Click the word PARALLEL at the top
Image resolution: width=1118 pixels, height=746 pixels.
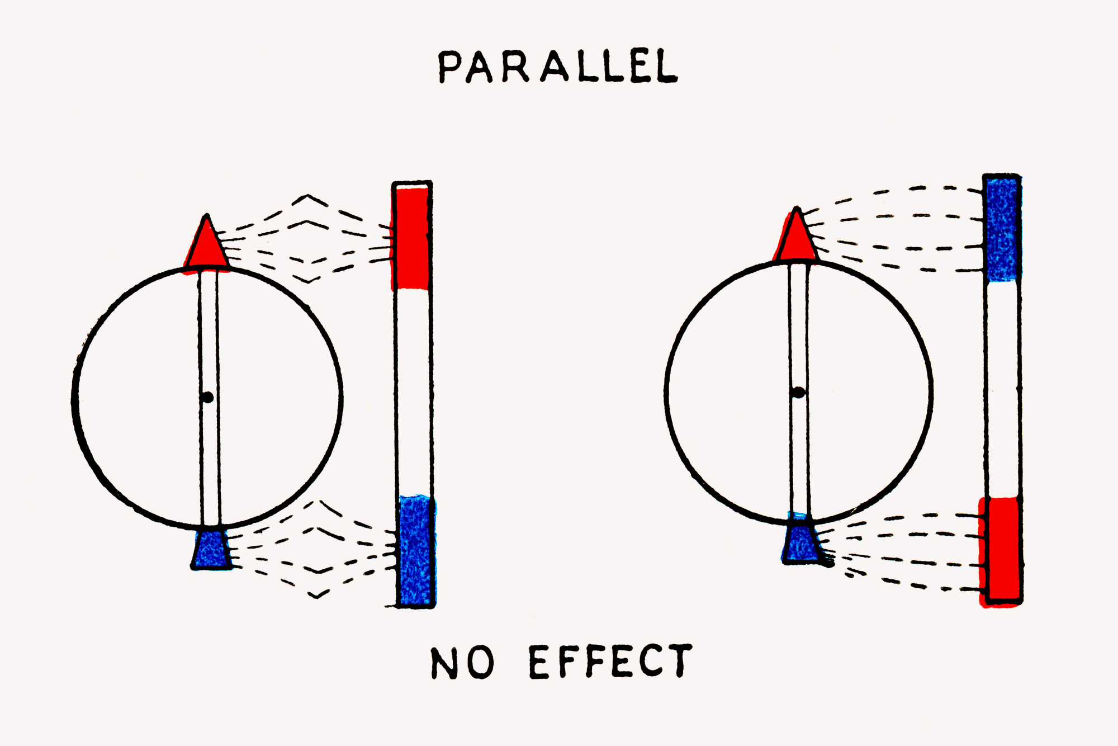(x=557, y=67)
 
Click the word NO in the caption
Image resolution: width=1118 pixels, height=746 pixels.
(x=462, y=663)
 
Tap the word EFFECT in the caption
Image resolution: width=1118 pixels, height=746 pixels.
(x=610, y=661)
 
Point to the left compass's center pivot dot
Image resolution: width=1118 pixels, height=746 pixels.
(x=208, y=398)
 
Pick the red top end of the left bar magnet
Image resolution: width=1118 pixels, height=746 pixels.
(x=412, y=238)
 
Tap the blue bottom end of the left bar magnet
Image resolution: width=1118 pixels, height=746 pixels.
(x=416, y=551)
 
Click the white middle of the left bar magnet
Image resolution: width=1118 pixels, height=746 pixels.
(x=414, y=391)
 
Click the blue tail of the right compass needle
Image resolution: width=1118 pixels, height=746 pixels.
(x=800, y=542)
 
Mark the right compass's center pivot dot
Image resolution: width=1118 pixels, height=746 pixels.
(x=799, y=393)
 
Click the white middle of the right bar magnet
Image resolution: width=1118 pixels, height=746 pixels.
(x=1002, y=389)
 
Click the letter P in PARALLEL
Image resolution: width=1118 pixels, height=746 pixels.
(x=449, y=68)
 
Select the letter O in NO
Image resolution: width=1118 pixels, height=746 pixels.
(x=479, y=663)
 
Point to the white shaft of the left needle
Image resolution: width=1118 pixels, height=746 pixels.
(x=209, y=336)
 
